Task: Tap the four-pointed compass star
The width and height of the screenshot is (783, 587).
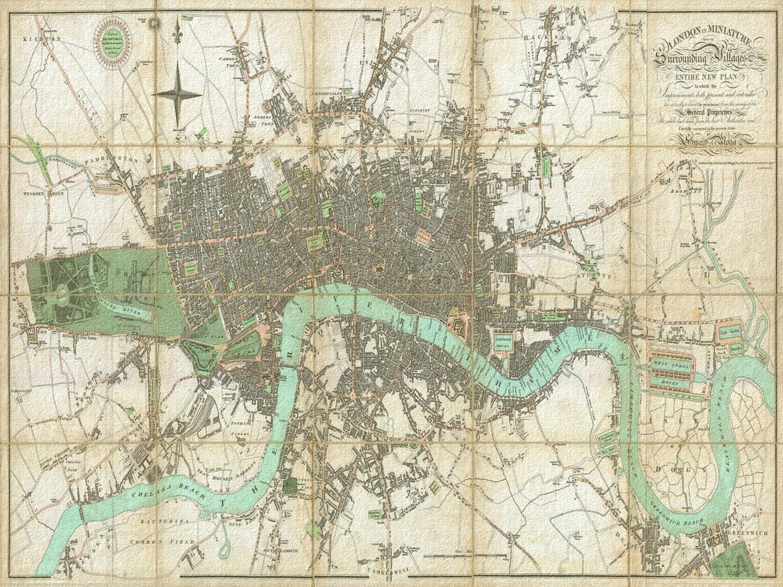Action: pyautogui.click(x=177, y=94)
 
